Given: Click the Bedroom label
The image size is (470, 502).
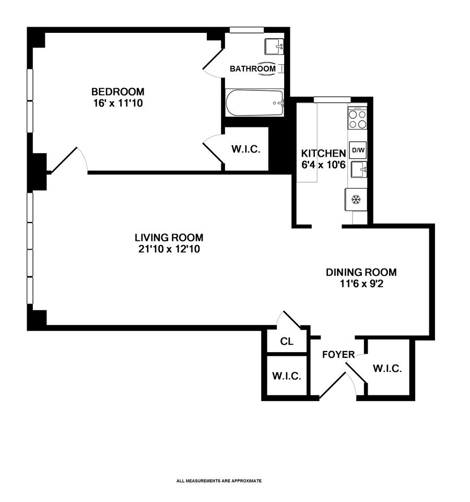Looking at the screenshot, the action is point(118,92).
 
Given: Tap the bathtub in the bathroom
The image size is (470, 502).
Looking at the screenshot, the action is point(255,103).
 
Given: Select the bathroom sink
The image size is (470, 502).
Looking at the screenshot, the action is point(274,46).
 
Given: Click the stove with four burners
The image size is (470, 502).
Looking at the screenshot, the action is point(358,118).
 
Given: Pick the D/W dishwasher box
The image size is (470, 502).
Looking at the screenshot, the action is point(358,150).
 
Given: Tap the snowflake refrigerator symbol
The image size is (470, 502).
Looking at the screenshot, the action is point(356,200).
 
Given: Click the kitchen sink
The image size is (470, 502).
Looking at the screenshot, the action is point(359,169).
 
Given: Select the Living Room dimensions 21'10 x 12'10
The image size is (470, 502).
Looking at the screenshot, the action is point(169,249).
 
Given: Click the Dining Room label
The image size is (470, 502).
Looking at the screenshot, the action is point(361,272).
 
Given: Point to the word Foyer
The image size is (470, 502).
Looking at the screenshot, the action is point(338,355).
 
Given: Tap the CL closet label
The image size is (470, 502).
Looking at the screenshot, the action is point(287,342).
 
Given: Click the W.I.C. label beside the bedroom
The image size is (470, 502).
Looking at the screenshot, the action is point(245,149).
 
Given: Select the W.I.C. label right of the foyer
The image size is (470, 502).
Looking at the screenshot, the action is point(387,368).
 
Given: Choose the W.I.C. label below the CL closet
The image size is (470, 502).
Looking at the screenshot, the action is point(287,376).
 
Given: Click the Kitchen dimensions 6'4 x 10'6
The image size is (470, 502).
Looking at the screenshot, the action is point(323,165).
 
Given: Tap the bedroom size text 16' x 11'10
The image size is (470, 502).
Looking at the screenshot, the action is point(118,103).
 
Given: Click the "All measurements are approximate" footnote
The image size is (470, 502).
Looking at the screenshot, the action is point(219,481).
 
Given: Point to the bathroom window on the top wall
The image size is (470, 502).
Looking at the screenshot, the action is point(247,30).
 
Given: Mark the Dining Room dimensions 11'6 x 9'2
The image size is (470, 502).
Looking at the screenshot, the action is point(361,284).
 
